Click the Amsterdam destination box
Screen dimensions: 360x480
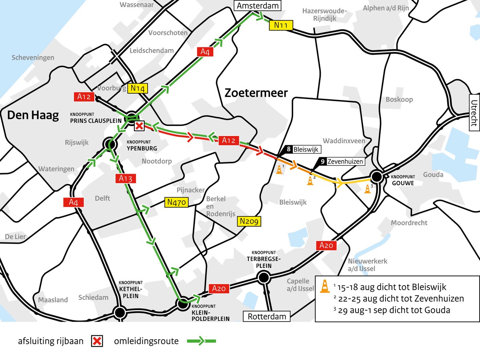coord(258,6)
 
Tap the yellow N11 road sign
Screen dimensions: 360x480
coord(281,25)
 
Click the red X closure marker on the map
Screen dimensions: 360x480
coord(139,126)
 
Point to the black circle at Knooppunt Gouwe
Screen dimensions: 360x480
coord(376,176)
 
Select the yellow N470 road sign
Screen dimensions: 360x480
coord(176,203)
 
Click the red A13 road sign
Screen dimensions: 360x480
coord(125,179)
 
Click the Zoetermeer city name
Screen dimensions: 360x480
coord(256,93)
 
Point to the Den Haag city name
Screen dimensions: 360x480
coord(33,116)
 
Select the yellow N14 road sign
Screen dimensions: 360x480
coord(138,88)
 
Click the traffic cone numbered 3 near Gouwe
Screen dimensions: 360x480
coord(368,189)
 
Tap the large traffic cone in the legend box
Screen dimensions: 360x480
coord(325,286)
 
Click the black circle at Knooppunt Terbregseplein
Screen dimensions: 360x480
coord(263,277)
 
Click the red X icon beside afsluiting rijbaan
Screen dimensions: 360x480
coord(98,341)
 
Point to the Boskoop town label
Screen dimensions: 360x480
coord(399,100)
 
